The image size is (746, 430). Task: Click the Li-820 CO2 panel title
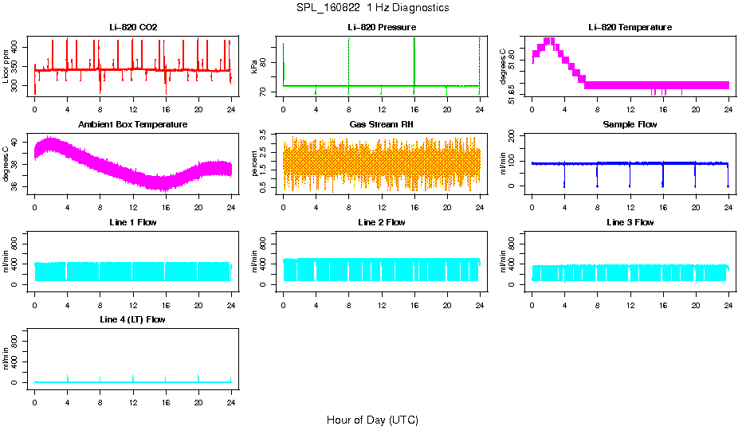click(133, 28)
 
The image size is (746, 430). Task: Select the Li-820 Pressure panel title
click(381, 28)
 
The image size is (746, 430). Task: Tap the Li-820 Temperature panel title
click(630, 28)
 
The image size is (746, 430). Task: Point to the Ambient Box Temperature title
click(133, 125)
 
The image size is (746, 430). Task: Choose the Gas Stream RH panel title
click(381, 125)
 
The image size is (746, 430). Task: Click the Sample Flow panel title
click(630, 125)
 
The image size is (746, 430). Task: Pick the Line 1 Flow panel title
click(133, 222)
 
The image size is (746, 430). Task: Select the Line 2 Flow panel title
click(381, 222)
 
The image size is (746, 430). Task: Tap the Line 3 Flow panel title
click(630, 222)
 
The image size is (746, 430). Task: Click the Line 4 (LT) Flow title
click(133, 319)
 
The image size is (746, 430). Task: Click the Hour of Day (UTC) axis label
click(372, 420)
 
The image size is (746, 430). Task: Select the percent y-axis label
click(255, 163)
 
